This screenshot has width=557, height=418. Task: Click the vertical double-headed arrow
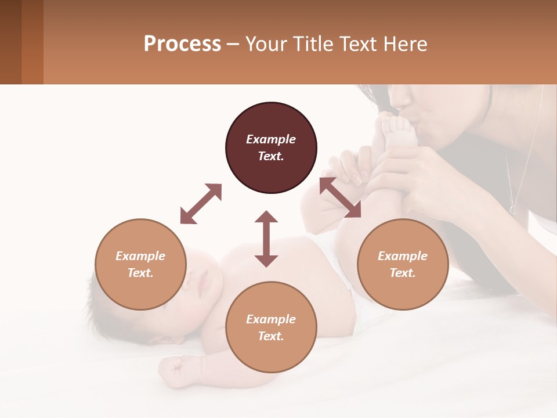pos(266,239)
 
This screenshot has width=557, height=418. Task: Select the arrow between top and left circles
pos(201,204)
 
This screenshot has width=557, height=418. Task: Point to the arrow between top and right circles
pos(340,197)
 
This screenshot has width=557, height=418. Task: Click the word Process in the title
pos(182,44)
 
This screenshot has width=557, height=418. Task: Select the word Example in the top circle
pos(271,139)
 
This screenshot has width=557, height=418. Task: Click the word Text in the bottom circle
pos(270,336)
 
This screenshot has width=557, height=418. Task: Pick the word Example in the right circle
pos(403,256)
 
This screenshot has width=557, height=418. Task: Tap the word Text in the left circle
pos(140,273)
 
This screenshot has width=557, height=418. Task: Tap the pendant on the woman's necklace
pos(513,208)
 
